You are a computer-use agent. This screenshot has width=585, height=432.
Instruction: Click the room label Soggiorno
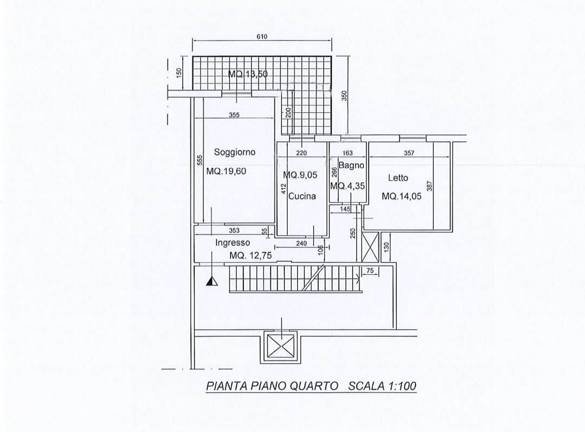tap(235, 152)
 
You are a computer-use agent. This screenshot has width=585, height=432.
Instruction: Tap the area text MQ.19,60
tap(226, 171)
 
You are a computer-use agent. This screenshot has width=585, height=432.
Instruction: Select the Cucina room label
tap(302, 196)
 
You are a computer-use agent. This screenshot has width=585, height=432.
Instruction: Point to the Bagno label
tap(351, 165)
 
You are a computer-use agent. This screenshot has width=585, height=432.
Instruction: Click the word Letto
tap(398, 178)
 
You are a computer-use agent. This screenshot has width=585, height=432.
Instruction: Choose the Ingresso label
tap(233, 243)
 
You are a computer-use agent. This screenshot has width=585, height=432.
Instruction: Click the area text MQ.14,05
tap(401, 196)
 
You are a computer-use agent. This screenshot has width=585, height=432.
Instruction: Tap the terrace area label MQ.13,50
tap(248, 74)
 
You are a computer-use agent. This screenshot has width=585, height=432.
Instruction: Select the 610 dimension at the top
tap(262, 36)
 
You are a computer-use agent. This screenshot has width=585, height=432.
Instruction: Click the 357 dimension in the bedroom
tap(409, 152)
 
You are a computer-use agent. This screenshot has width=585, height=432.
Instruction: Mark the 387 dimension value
tap(429, 186)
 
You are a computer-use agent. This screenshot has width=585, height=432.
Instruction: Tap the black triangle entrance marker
tap(212, 281)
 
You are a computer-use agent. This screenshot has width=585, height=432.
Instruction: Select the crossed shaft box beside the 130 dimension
tap(370, 247)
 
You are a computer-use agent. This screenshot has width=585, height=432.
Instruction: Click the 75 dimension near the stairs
tap(370, 271)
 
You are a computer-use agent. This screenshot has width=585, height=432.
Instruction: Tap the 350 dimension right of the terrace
tap(344, 95)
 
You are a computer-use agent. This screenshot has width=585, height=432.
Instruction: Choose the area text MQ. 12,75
tap(250, 255)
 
